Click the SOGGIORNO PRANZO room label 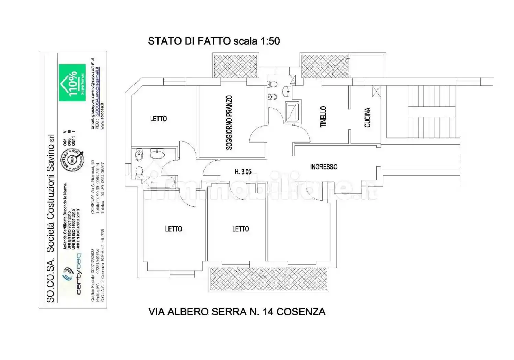pyautogui.click(x=229, y=122)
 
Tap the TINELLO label pyautogui.click(x=323, y=117)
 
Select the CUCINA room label pyautogui.click(x=367, y=117)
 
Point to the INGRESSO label pyautogui.click(x=324, y=167)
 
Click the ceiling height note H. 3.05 pyautogui.click(x=243, y=172)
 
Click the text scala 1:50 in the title pyautogui.click(x=256, y=41)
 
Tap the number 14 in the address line pyautogui.click(x=268, y=312)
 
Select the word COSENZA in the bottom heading pyautogui.click(x=301, y=312)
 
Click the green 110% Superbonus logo pyautogui.click(x=72, y=83)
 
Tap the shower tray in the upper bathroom pyautogui.click(x=292, y=111)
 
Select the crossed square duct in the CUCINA pyautogui.click(x=376, y=92)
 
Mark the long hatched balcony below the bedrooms pyautogui.click(x=269, y=279)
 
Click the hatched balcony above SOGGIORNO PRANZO pyautogui.click(x=235, y=66)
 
